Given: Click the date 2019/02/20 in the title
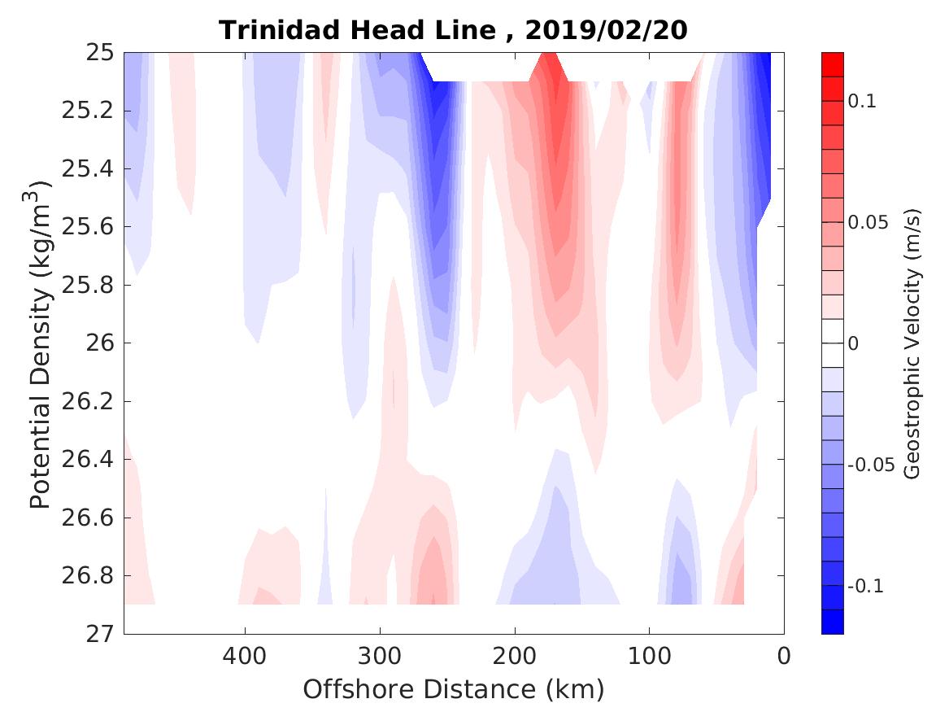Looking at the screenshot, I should coord(607,31).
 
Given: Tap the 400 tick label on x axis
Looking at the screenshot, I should coord(245,655).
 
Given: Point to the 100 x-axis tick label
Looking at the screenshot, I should coord(649,655).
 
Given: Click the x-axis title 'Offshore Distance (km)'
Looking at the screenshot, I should coord(454,690).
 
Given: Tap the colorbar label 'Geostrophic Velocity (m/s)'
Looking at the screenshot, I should coord(912,343).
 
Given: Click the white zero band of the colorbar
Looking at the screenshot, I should coord(833,343).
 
